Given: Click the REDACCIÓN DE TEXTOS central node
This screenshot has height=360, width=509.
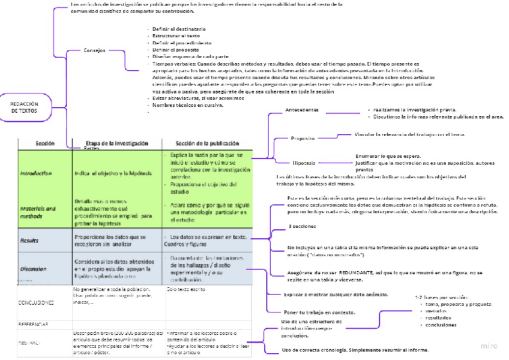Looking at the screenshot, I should point(24,107).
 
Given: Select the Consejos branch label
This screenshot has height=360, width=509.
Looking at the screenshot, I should point(95,50).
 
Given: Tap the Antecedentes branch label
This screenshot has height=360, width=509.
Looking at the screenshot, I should point(302,110).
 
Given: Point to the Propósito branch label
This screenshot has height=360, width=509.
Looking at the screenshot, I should point(303,138).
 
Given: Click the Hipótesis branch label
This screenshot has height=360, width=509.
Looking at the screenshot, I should point(304,163).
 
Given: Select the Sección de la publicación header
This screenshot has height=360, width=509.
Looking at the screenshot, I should point(207,143).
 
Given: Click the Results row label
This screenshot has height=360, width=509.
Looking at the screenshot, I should point(30,240).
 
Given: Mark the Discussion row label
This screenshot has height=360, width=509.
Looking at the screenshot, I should point(34,269).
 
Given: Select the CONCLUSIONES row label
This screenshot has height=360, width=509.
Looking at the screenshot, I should point(37,302).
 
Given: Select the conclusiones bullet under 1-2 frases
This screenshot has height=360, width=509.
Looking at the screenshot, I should point(441,325).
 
